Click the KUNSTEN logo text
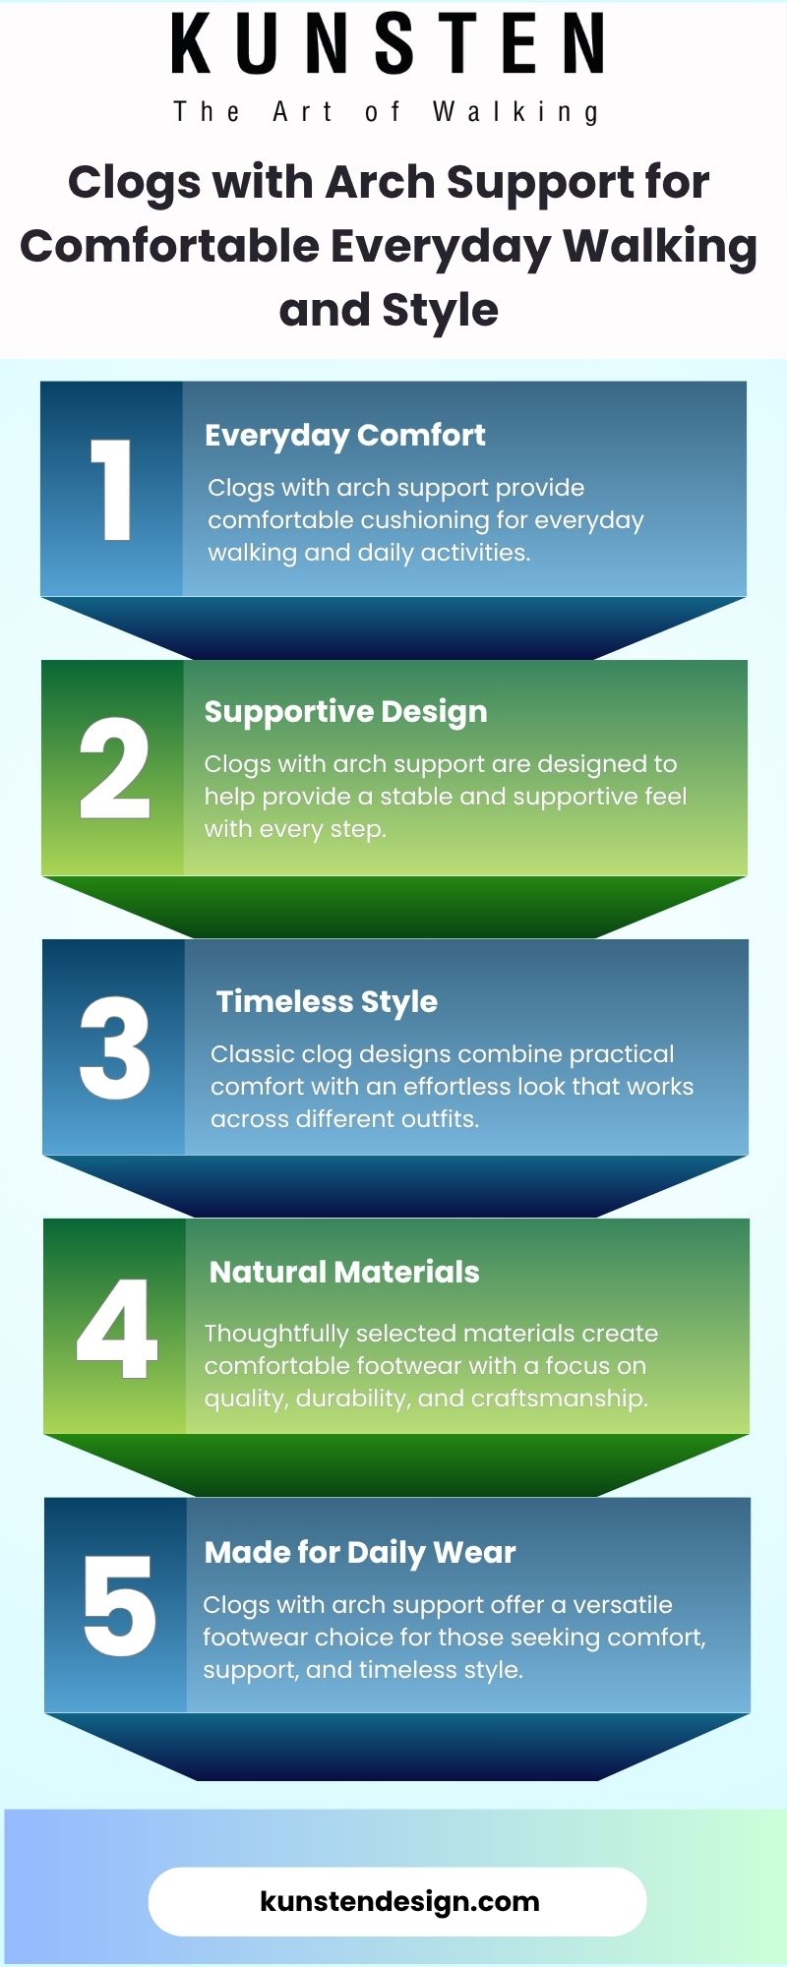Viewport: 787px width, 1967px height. click(x=389, y=44)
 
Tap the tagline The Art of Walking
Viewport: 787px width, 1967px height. click(x=387, y=112)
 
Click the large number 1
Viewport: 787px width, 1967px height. click(x=112, y=490)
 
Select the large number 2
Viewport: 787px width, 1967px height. click(x=114, y=768)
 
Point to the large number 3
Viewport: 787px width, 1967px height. click(x=115, y=1048)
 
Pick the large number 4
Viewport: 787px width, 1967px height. click(x=117, y=1328)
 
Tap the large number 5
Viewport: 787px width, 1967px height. click(x=119, y=1606)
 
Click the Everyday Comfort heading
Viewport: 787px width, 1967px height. click(x=345, y=436)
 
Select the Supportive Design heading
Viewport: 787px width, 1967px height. click(x=345, y=712)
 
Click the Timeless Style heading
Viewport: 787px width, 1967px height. click(x=327, y=1001)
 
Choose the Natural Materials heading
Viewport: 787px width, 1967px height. click(x=344, y=1272)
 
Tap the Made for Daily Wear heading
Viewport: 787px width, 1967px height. click(x=360, y=1553)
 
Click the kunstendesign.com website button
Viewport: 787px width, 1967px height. click(x=397, y=1901)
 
